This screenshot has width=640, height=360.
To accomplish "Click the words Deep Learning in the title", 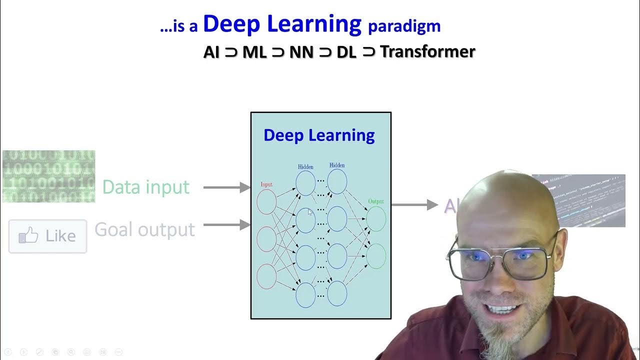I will [282, 24].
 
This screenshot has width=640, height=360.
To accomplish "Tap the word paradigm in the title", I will [404, 26].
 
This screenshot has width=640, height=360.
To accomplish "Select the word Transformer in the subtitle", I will [427, 51].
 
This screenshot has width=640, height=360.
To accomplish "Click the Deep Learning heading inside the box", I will [319, 135].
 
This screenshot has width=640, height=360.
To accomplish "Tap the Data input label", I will [145, 187].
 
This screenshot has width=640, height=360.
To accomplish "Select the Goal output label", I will [144, 229].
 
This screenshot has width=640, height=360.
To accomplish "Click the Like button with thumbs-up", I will [47, 236].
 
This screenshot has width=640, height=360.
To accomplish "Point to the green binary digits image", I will [48, 176].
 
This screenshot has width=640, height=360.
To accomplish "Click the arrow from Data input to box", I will [226, 187].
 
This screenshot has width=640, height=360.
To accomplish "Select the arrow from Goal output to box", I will [226, 225].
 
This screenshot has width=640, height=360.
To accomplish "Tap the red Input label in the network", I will [266, 184].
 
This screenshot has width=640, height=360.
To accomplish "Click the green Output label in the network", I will [376, 201].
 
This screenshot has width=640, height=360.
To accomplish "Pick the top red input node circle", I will [266, 202].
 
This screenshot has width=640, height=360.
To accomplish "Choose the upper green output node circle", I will [376, 219].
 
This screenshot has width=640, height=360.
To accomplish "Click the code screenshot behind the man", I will [590, 200].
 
